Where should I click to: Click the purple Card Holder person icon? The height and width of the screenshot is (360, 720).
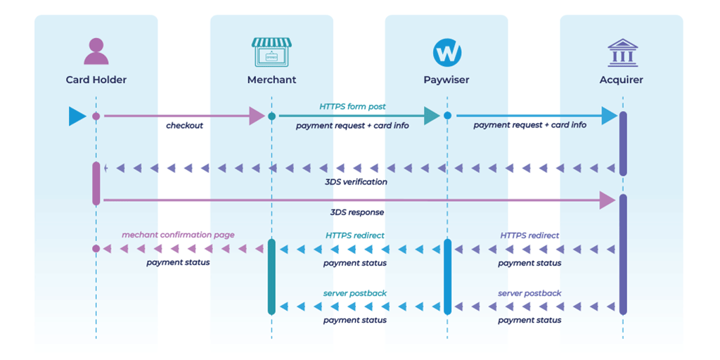96,51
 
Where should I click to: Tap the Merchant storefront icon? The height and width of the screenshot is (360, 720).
271,52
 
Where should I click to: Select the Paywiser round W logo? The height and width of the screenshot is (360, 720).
446,52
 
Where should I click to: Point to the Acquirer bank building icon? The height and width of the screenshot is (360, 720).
622,53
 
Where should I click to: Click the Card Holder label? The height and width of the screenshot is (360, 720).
96,80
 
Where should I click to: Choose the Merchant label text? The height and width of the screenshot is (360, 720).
271,80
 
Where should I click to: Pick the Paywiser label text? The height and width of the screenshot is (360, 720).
446,80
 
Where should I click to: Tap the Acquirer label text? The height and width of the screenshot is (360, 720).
622,80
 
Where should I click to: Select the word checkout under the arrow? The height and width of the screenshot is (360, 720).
184,126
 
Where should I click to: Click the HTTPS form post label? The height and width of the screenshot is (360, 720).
352,107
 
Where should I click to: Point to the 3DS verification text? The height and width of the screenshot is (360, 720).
356,182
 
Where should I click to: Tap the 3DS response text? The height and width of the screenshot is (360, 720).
357,212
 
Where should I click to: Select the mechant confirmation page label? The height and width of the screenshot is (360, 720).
178,235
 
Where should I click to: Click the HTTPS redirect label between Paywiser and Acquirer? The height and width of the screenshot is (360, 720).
529,236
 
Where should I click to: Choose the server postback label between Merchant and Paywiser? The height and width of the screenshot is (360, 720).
355,292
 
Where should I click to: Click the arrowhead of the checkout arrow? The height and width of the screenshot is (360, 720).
257,116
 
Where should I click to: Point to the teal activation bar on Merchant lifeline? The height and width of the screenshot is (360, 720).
271,276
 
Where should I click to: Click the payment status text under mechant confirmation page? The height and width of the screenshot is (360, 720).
178,263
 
